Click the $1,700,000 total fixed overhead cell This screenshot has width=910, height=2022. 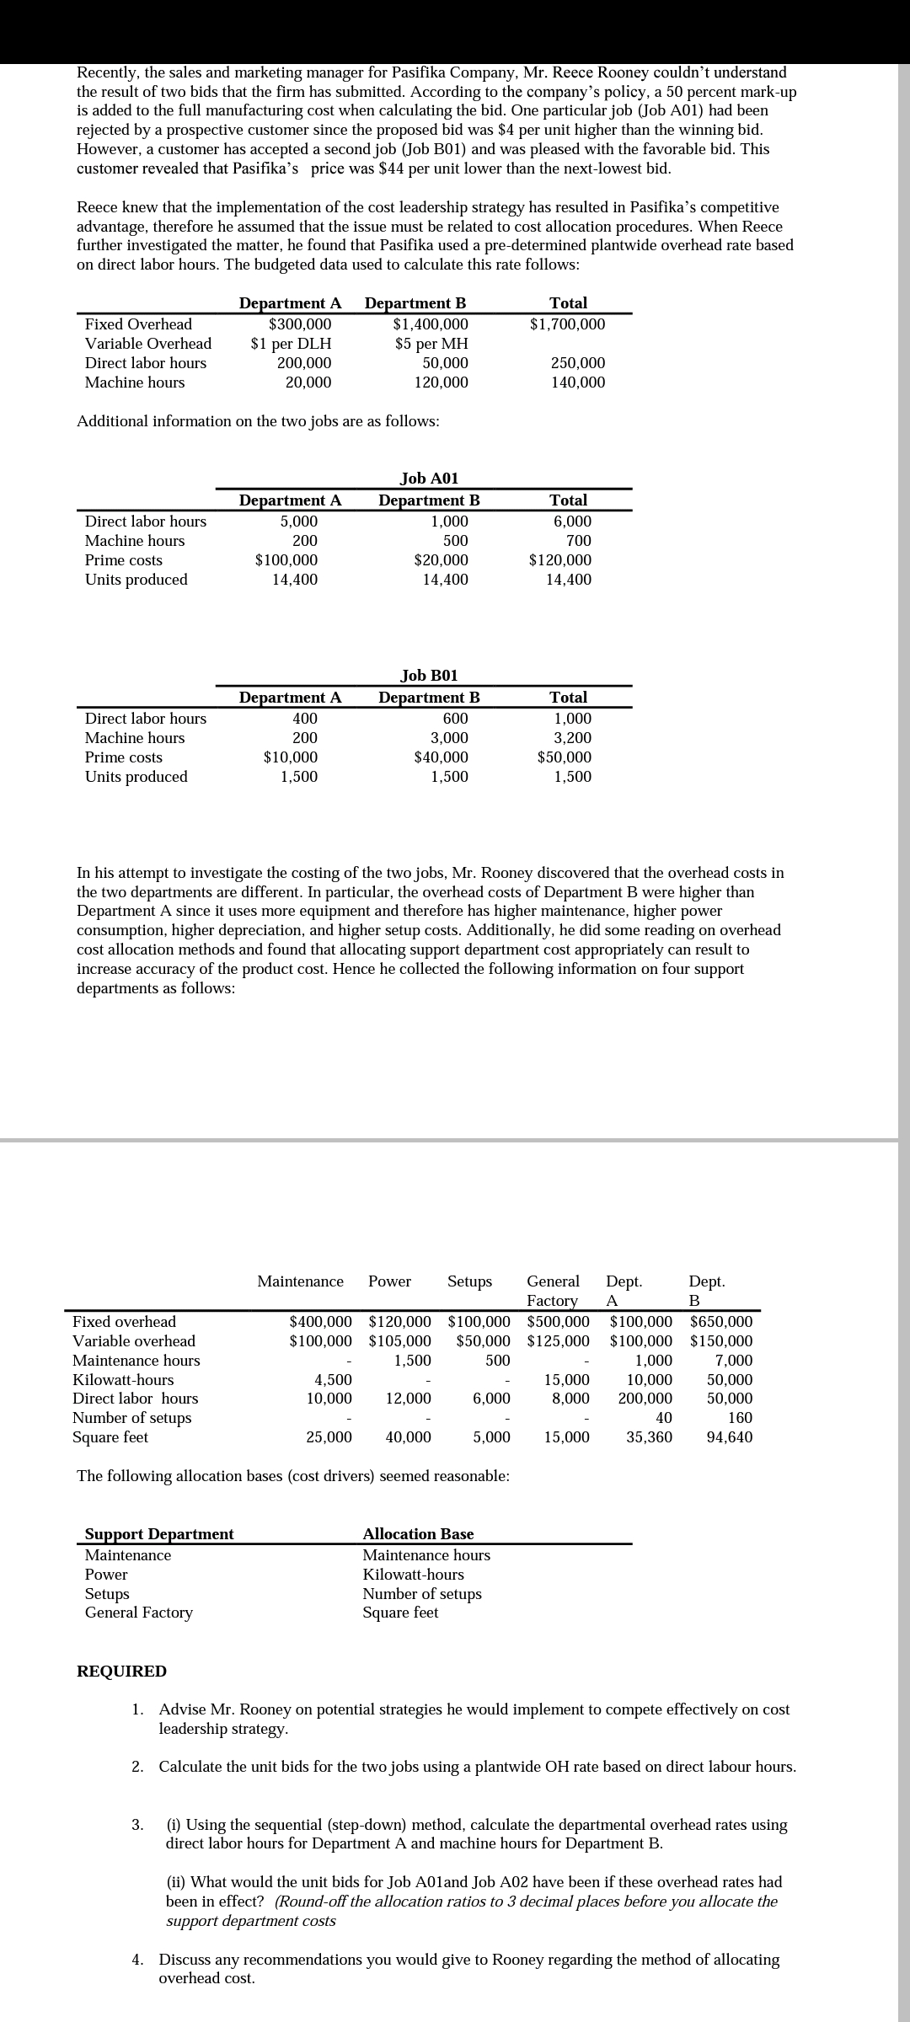pyautogui.click(x=567, y=324)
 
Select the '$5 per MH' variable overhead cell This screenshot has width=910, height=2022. pyautogui.click(x=431, y=344)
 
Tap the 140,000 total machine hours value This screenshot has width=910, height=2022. pyautogui.click(x=577, y=382)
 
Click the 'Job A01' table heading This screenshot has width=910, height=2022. pyautogui.click(x=429, y=479)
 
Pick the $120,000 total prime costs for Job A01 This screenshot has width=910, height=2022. pyautogui.click(x=559, y=560)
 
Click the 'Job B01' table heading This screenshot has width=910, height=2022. pyautogui.click(x=429, y=676)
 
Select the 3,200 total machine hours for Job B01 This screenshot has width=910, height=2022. pyautogui.click(x=572, y=738)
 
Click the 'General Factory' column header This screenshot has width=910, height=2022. pyautogui.click(x=553, y=1291)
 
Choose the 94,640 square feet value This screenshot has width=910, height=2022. pyautogui.click(x=730, y=1437)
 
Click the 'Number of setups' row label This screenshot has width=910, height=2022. pyautogui.click(x=131, y=1418)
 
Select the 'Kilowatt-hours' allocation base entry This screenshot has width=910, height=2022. pyautogui.click(x=413, y=1575)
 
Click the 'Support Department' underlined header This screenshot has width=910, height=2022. pyautogui.click(x=159, y=1534)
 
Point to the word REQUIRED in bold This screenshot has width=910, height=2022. pyautogui.click(x=121, y=1671)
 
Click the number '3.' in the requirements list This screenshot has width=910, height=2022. pyautogui.click(x=137, y=1825)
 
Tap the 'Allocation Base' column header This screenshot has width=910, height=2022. pyautogui.click(x=418, y=1534)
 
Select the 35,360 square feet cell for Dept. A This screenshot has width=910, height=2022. pyautogui.click(x=649, y=1437)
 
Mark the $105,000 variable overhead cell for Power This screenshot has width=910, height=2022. pyautogui.click(x=400, y=1341)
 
